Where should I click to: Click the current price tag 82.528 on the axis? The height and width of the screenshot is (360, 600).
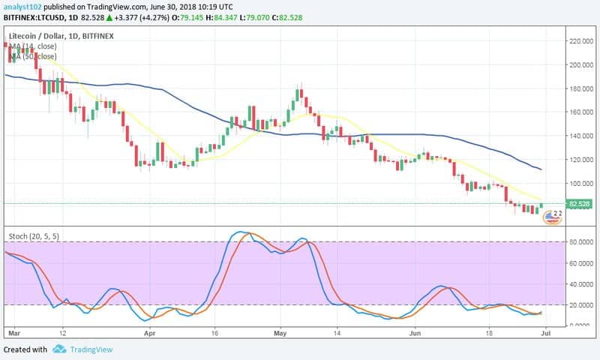pyautogui.click(x=580, y=203)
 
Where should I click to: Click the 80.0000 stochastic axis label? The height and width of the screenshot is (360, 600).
pyautogui.click(x=581, y=241)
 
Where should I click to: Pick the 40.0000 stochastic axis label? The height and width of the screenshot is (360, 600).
pyautogui.click(x=581, y=283)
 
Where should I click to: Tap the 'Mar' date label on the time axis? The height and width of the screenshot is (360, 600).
pyautogui.click(x=13, y=331)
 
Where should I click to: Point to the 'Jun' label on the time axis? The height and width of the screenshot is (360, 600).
pyautogui.click(x=414, y=331)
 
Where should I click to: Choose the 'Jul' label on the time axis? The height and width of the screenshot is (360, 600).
pyautogui.click(x=547, y=331)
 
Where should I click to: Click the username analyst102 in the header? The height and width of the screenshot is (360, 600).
pyautogui.click(x=25, y=7)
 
